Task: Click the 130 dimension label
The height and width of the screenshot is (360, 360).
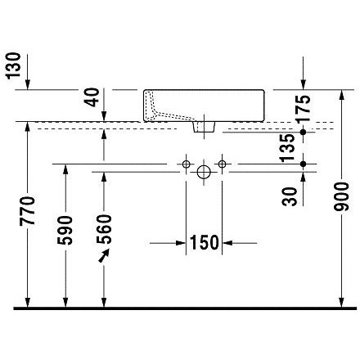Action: click(x=13, y=65)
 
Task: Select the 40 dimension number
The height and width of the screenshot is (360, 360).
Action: click(x=92, y=97)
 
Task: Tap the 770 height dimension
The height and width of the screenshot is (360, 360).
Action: click(x=27, y=211)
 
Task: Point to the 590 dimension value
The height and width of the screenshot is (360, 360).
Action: click(x=65, y=230)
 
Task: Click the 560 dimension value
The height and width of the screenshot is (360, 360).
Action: click(x=104, y=229)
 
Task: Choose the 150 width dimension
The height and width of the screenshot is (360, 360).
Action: click(x=204, y=242)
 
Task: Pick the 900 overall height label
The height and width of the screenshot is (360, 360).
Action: click(x=341, y=197)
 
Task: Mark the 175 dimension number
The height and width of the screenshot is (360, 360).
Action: click(x=304, y=108)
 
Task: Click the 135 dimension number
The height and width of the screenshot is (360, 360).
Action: click(x=288, y=148)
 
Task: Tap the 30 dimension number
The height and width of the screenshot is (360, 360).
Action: click(x=290, y=196)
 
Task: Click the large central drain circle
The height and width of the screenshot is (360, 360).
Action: click(x=204, y=172)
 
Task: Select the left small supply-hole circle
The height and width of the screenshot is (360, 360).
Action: click(x=186, y=164)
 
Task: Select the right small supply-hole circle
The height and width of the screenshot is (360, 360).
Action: click(x=222, y=164)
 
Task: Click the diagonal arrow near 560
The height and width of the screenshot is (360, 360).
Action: click(x=104, y=256)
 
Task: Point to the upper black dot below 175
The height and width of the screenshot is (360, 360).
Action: click(x=303, y=133)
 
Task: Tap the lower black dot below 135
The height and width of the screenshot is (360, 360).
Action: click(x=303, y=164)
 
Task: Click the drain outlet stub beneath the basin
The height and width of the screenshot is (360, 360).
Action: click(x=204, y=127)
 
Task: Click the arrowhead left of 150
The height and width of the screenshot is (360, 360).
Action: click(x=181, y=243)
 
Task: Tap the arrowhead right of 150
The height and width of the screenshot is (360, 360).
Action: click(x=227, y=243)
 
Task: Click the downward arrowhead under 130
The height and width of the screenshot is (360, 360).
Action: click(x=28, y=84)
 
